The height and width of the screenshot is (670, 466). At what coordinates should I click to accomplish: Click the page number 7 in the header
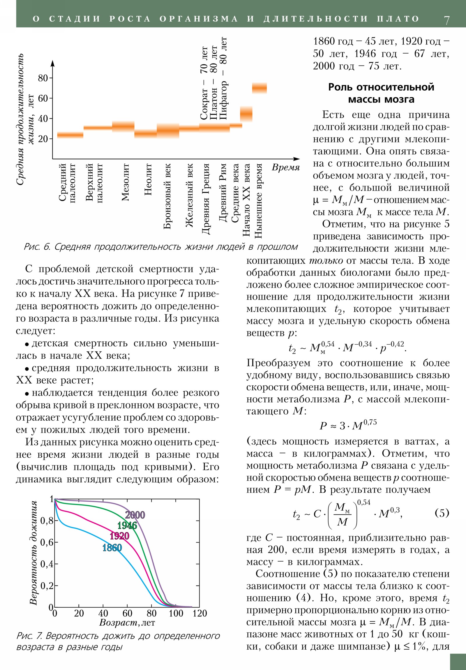[446, 20]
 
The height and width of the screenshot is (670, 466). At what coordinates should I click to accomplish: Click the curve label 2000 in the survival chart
[135, 515]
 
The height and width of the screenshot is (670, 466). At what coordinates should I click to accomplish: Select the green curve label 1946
[127, 526]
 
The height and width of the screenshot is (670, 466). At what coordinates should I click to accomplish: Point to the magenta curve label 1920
[119, 536]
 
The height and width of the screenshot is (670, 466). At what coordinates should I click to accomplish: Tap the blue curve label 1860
[112, 548]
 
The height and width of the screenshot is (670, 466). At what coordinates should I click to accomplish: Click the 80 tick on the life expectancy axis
[43, 78]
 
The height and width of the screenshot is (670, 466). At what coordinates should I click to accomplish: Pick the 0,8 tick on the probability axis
[47, 521]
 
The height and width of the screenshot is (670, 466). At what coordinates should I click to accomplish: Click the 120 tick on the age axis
[199, 613]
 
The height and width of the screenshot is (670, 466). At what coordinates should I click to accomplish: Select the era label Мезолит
[125, 182]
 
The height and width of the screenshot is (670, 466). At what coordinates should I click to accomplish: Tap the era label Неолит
[148, 179]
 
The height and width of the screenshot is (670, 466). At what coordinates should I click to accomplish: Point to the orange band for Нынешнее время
[260, 88]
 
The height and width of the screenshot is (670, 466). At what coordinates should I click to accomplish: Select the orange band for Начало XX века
[246, 114]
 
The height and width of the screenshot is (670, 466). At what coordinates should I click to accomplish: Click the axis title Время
[286, 167]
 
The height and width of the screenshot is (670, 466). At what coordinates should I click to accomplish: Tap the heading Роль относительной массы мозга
[381, 93]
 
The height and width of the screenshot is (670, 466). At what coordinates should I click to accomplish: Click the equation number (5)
[442, 513]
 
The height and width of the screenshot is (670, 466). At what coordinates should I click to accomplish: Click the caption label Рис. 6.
[37, 247]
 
